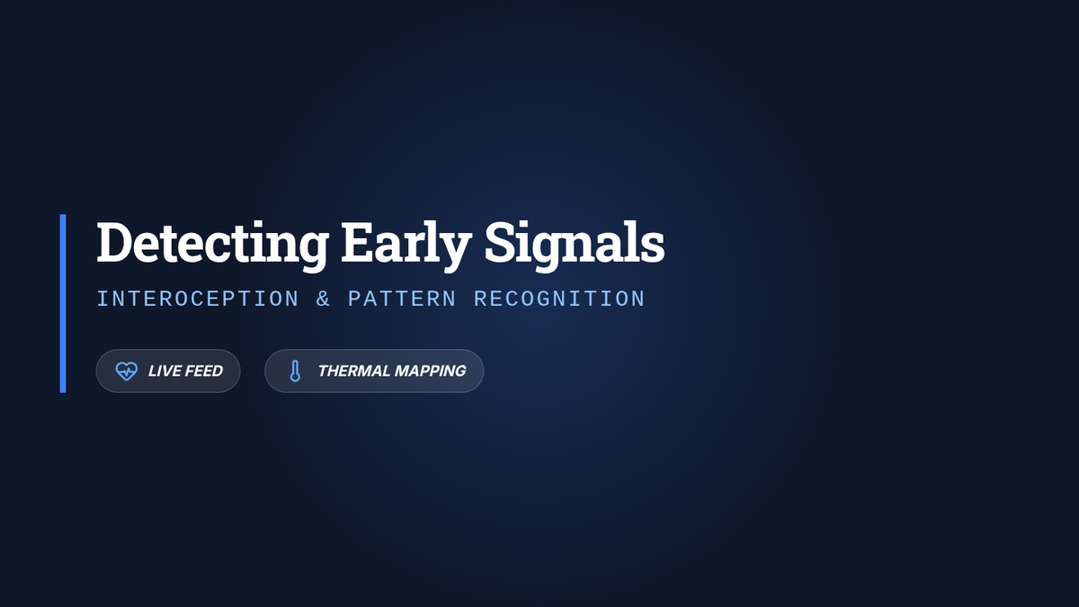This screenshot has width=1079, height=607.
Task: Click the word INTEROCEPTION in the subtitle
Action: tap(198, 299)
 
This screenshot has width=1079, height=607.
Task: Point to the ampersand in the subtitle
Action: tap(323, 299)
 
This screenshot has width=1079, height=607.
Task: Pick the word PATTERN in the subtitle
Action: tap(402, 299)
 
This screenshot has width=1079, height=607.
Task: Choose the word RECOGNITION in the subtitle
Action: tap(559, 299)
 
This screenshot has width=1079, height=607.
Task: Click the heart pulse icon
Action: tap(127, 370)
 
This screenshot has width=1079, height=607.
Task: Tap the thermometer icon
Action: tap(295, 370)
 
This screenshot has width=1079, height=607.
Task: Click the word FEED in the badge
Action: tap(204, 370)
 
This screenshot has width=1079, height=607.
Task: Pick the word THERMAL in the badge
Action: tap(354, 370)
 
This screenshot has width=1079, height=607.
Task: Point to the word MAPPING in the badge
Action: tap(430, 370)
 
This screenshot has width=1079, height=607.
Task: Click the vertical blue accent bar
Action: tap(63, 304)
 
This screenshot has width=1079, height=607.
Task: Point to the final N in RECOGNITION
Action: tap(638, 299)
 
